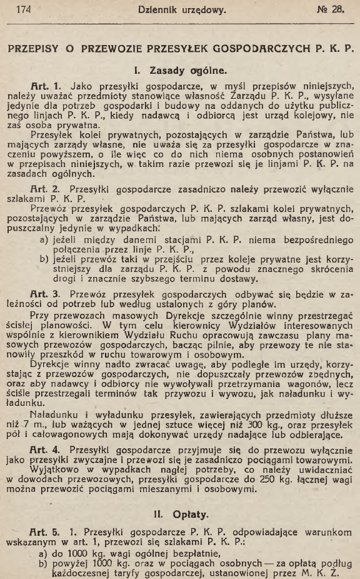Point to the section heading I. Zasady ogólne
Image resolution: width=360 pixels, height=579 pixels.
181,71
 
